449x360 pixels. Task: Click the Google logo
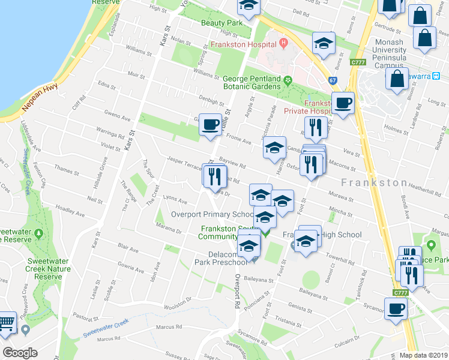20,353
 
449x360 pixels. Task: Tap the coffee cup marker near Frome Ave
209,124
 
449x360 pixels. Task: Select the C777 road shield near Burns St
359,61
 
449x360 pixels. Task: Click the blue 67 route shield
333,80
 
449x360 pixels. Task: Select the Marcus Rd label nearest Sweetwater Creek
169,327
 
